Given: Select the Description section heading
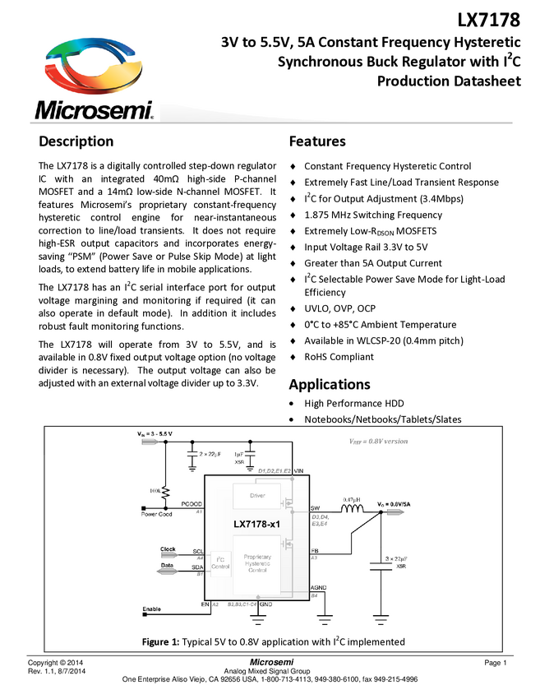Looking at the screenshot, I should pos(76,141).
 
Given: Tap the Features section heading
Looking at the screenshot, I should pos(316,141).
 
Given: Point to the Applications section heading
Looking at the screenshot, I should pos(329,384).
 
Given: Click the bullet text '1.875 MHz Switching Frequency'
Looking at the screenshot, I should pos(372,215).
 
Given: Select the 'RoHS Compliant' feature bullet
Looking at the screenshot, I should pos(339,357).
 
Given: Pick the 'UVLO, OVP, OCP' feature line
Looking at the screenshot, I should pos(339,308).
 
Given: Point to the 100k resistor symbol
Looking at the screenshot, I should pos(166,492).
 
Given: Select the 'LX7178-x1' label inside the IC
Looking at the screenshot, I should pos(256,524).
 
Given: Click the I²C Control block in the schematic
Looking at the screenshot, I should pos(220,563).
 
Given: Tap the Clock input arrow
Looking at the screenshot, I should pos(169,553).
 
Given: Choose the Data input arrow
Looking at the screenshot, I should pos(169,572).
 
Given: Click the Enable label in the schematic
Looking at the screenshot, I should pos(152,609).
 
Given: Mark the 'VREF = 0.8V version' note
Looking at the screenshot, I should pos(378,441).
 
